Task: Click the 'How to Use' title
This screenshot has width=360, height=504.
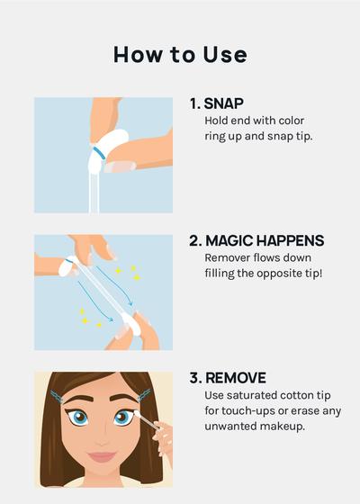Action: [180, 54]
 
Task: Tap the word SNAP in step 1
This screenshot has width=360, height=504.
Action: [224, 103]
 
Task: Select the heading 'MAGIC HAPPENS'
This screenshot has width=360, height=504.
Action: [265, 241]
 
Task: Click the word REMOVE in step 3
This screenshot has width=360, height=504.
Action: [236, 378]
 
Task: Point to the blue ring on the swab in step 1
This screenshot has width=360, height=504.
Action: [100, 153]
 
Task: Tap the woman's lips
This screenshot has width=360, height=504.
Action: [102, 456]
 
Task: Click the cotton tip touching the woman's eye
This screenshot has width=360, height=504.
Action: [136, 414]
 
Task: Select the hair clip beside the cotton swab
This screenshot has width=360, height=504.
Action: [144, 396]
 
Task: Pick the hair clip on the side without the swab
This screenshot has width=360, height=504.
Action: [57, 397]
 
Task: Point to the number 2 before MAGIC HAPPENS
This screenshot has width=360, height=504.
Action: [194, 241]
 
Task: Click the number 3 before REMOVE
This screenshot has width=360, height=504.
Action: [194, 378]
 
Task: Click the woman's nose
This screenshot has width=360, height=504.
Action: [101, 437]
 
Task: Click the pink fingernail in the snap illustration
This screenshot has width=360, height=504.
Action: [120, 166]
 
